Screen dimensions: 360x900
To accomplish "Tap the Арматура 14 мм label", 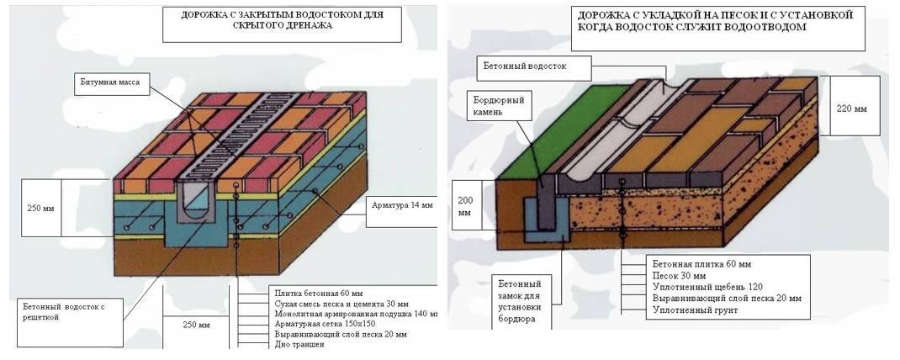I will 399,204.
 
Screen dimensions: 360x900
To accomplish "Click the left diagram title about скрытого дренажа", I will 257,20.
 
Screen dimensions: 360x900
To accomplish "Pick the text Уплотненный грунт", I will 691,310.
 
